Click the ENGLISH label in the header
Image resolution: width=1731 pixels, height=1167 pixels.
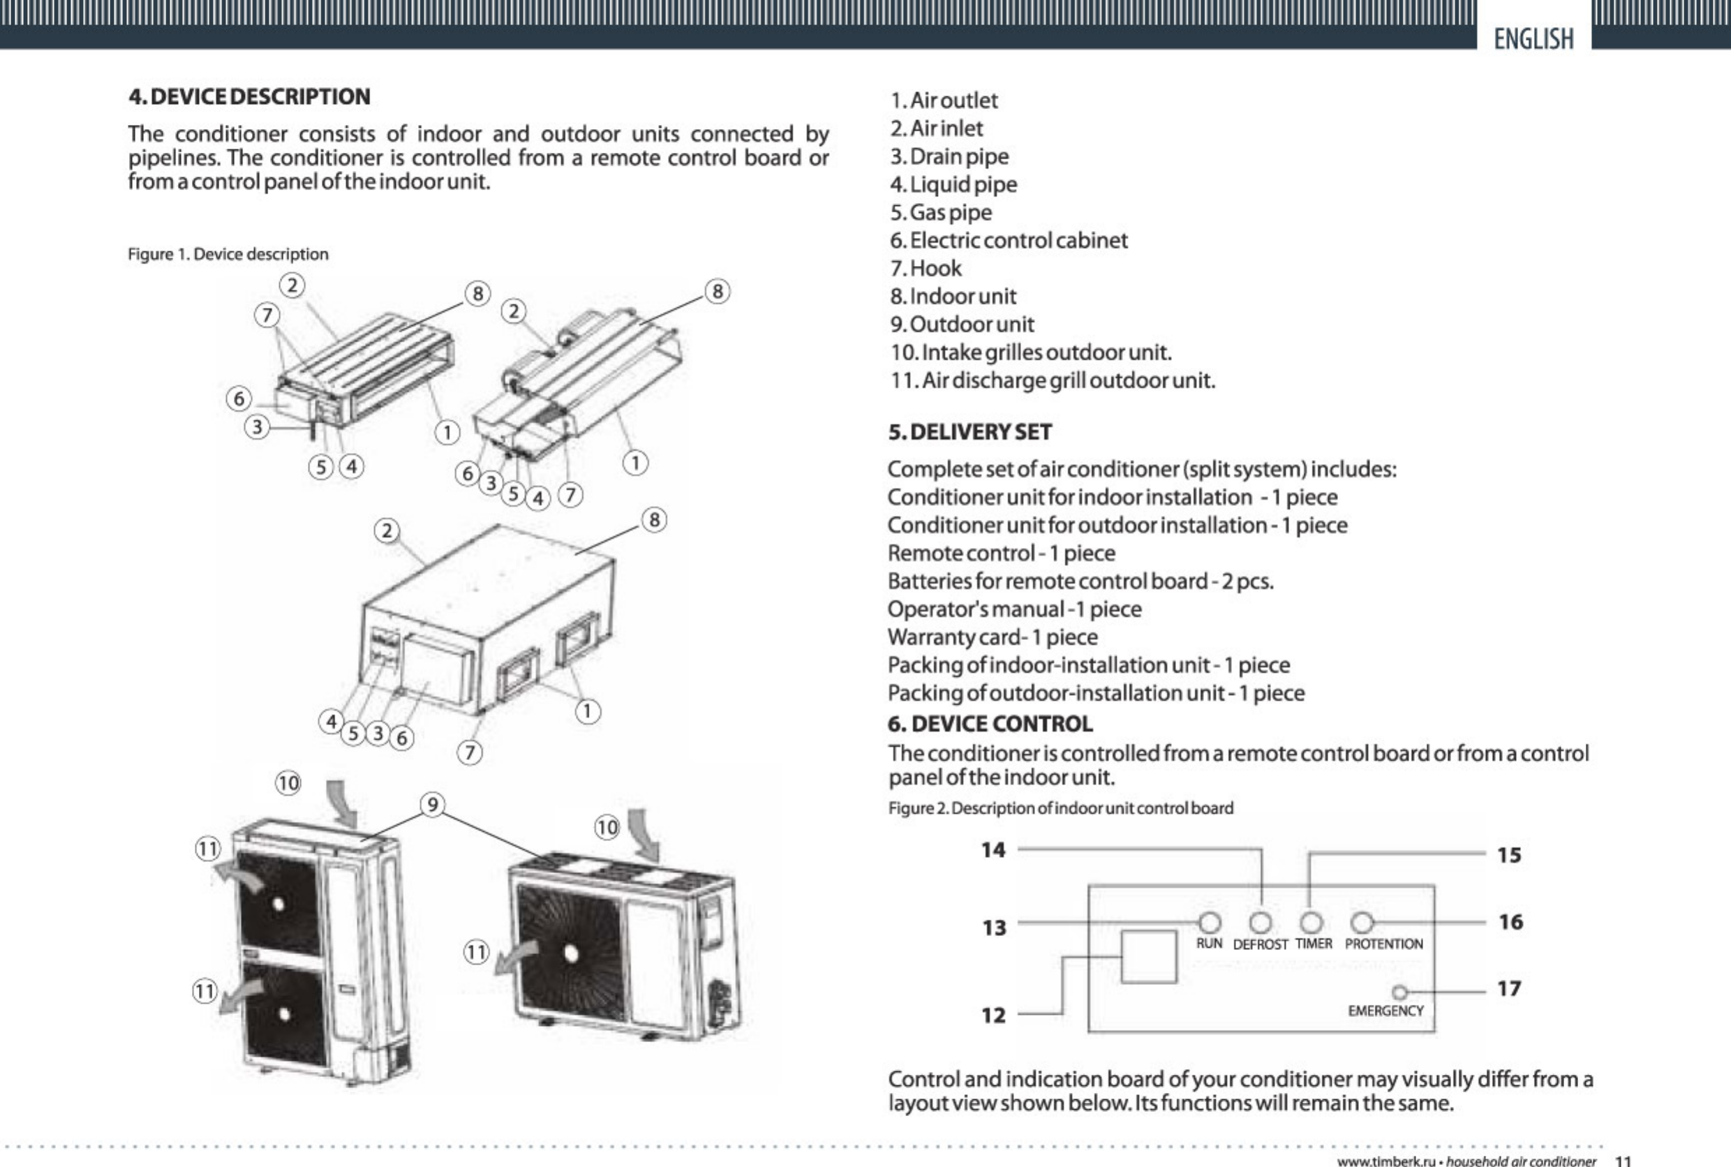1533,38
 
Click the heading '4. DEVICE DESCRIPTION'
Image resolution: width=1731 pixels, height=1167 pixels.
249,97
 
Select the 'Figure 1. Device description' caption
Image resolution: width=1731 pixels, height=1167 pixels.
228,255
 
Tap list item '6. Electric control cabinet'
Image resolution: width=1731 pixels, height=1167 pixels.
1009,240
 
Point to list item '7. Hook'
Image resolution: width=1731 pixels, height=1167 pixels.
926,268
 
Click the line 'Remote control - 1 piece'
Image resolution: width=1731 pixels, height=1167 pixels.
1001,553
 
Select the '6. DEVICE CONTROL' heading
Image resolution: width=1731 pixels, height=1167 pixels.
990,724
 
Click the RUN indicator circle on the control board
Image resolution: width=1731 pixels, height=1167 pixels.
1210,923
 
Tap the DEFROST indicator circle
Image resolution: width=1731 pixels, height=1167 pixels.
1260,923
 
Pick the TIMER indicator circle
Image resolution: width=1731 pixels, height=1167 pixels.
1312,923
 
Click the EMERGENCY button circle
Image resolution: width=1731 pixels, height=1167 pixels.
1399,992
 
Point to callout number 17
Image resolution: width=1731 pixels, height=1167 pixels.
1508,989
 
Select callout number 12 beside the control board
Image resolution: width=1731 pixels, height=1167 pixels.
993,1015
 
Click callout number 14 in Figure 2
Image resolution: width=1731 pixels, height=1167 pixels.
993,850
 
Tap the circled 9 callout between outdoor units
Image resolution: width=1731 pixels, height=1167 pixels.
432,805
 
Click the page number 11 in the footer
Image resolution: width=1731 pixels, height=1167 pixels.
1623,1160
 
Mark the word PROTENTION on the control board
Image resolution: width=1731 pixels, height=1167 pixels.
1383,944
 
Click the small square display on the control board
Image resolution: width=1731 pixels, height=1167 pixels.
1148,956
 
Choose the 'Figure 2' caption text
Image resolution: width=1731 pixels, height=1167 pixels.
1060,808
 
